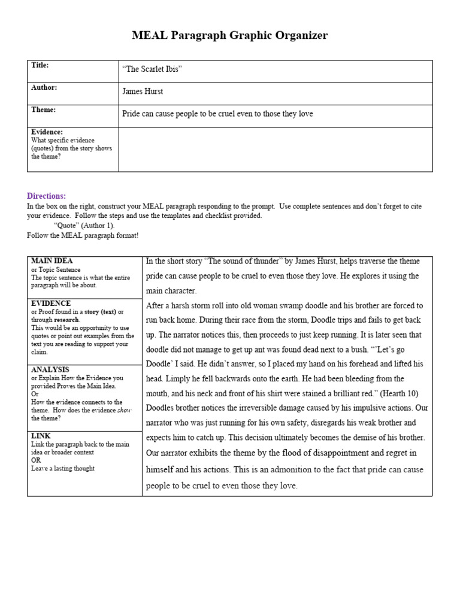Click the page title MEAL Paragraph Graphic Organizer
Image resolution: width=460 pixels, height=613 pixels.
230,36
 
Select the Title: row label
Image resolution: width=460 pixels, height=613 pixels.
40,65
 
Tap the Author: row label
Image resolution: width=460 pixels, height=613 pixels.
44,87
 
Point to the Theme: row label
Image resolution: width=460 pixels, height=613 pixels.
43,110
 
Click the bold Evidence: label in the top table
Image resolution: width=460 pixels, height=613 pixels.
47,132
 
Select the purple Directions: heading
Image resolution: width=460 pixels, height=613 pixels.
46,196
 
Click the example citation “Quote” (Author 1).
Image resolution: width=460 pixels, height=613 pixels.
84,226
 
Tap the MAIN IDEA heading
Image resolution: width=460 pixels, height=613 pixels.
52,261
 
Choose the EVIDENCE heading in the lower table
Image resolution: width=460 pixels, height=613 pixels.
51,304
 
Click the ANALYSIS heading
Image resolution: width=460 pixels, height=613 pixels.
50,370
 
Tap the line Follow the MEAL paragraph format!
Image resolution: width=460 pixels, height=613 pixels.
83,235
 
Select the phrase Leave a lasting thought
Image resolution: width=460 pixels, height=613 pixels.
63,469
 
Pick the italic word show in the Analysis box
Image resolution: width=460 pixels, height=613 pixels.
124,410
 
